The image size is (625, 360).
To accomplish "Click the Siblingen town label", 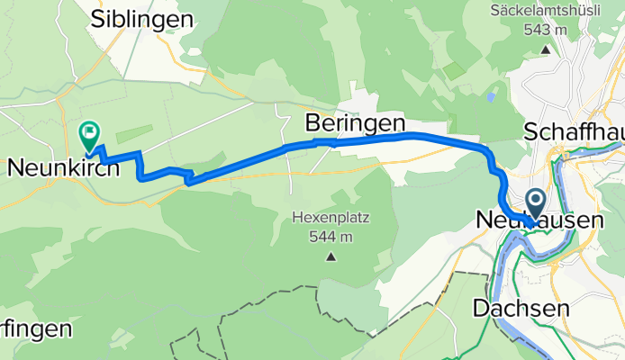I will click(143, 19).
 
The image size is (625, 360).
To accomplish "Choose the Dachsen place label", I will click(520, 308).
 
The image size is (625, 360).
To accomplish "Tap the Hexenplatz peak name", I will click(331, 219).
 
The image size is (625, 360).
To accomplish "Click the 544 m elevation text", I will click(331, 237).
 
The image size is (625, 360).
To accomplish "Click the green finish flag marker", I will click(90, 136).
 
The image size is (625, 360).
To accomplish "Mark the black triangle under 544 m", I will click(331, 257).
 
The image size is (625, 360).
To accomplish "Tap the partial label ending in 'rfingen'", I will click(35, 328).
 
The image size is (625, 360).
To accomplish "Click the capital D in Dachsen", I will click(480, 308).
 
